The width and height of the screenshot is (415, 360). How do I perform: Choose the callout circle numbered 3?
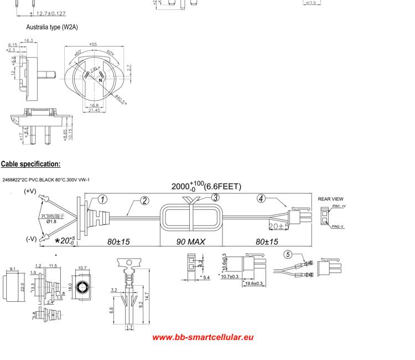215,198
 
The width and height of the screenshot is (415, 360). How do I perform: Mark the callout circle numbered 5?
287,255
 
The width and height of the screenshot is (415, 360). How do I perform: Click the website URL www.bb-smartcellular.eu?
203,337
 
